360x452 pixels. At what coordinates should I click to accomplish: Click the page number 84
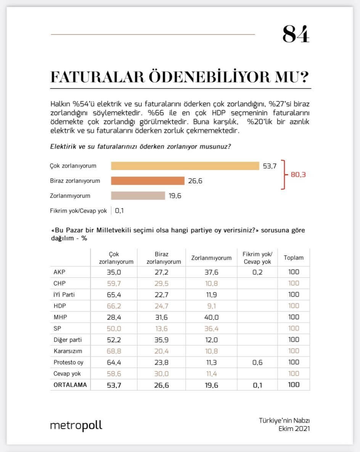[x=296, y=34]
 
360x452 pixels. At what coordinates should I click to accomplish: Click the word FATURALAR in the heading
[x=97, y=77]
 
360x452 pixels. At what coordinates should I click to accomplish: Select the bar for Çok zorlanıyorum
[x=185, y=166]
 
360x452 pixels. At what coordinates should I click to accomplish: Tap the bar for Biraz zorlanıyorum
[x=148, y=181]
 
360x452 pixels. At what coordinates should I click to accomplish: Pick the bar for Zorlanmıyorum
[x=138, y=196]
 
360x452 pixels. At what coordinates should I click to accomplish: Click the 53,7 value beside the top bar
[x=269, y=166]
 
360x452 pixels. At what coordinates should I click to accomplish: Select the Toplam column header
[x=294, y=258]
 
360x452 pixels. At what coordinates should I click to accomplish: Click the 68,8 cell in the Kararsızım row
[x=113, y=351]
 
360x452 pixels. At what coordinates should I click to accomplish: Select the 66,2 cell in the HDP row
[x=113, y=306]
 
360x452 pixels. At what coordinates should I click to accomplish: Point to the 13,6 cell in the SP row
[x=162, y=329]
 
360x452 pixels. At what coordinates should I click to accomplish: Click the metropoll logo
[x=76, y=425]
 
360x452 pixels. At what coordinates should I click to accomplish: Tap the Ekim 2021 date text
[x=294, y=429]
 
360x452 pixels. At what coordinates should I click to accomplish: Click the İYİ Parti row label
[x=64, y=295]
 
